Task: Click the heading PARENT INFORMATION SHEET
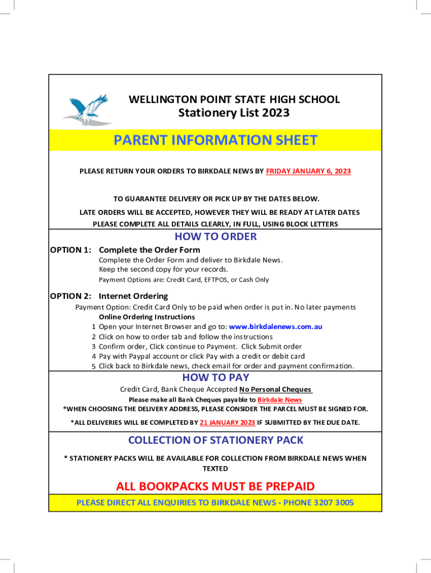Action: [x=215, y=140]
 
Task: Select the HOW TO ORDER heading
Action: [x=215, y=236]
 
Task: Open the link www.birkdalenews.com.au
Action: [x=275, y=327]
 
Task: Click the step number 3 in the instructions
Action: [x=94, y=346]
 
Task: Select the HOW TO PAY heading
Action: [x=215, y=378]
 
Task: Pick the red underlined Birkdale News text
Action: [x=279, y=400]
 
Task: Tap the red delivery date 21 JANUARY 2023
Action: [x=227, y=422]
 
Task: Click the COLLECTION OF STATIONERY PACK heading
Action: [x=215, y=440]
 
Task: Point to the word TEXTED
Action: [x=215, y=468]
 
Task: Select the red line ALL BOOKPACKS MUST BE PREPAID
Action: [x=215, y=486]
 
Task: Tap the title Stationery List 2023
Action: [x=234, y=113]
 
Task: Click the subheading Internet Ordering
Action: [x=133, y=296]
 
